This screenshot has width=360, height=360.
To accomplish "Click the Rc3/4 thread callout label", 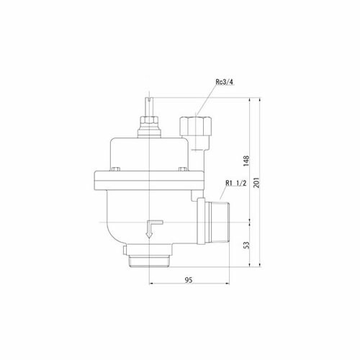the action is click(x=225, y=82).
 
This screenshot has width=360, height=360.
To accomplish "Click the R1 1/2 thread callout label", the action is click(x=236, y=184).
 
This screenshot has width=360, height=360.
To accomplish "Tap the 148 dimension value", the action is click(x=246, y=161).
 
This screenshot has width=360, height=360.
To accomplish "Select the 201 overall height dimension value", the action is click(x=256, y=183).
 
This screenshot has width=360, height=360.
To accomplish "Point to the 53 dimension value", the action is click(x=246, y=245).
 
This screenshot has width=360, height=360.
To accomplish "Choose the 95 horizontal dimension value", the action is click(x=189, y=280).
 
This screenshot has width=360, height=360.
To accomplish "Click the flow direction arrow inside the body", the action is click(x=153, y=229).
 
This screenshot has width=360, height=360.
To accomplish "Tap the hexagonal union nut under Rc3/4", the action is click(x=196, y=126).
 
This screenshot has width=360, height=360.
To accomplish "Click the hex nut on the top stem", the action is click(x=149, y=120).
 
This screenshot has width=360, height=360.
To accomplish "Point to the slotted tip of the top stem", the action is click(x=149, y=99).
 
